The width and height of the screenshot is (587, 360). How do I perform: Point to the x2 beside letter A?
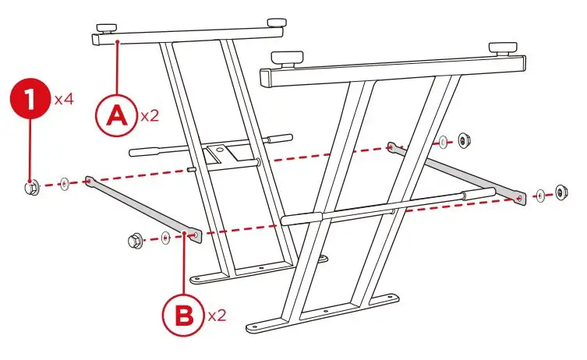[150, 116]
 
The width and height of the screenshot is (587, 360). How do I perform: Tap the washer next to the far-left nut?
[64, 185]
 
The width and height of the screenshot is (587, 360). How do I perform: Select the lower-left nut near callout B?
[133, 240]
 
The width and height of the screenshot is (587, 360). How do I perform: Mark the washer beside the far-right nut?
[539, 194]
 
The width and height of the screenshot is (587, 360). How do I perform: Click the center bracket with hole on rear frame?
[217, 150]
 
